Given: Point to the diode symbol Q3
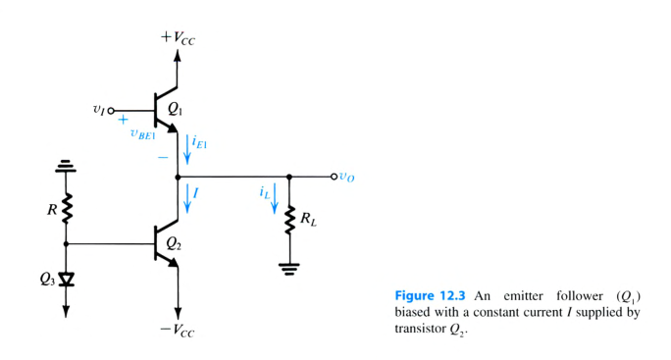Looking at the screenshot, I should pyautogui.click(x=67, y=278).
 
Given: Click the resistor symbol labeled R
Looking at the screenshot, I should pyautogui.click(x=67, y=208).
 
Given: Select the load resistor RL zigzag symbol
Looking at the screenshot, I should pyautogui.click(x=289, y=222).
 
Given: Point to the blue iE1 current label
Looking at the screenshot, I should pyautogui.click(x=201, y=147).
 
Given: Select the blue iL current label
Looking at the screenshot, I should pyautogui.click(x=266, y=193).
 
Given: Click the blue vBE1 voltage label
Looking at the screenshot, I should pyautogui.click(x=144, y=135).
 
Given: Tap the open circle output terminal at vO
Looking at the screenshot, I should pyautogui.click(x=334, y=178).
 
